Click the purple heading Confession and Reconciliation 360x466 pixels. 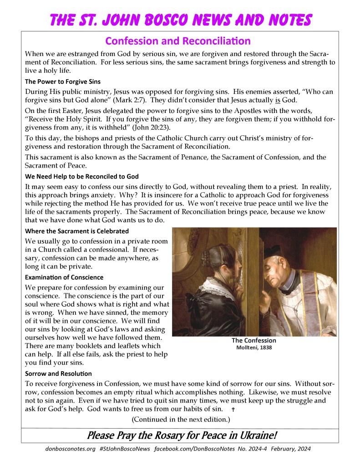coord(178,41)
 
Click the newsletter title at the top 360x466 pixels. coord(181,20)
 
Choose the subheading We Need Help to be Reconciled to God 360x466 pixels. coord(82,176)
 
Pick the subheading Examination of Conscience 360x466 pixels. coord(64,277)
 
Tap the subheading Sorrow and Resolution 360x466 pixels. coord(58,374)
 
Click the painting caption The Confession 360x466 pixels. coord(254,341)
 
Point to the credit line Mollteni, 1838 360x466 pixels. coord(254,348)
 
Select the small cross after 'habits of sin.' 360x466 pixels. coord(233,410)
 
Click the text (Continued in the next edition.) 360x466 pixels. coord(181,419)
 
